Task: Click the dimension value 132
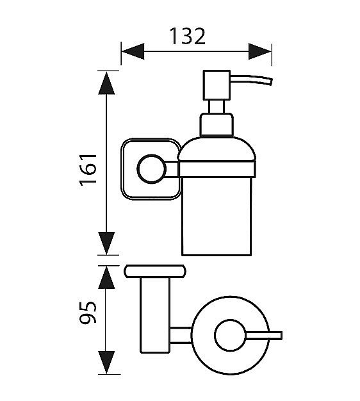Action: coord(188,36)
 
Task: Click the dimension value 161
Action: coord(88,170)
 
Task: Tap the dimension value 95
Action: coord(88,312)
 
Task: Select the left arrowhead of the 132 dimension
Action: coord(133,51)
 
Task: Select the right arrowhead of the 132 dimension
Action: coord(260,51)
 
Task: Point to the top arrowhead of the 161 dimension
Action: coord(106,83)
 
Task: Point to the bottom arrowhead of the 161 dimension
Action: coord(106,243)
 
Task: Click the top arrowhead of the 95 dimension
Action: coord(106,278)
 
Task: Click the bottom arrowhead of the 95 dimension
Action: coord(106,363)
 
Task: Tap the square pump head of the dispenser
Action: coord(217,85)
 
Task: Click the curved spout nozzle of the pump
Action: coord(251,79)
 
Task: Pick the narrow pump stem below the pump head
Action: coord(217,106)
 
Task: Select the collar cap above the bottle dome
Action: coord(217,124)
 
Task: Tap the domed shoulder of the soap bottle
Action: coord(217,149)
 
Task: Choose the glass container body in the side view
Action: coord(217,217)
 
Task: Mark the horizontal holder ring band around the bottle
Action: coord(217,169)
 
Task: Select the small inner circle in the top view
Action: coord(230,335)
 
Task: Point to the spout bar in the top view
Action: coord(264,335)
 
